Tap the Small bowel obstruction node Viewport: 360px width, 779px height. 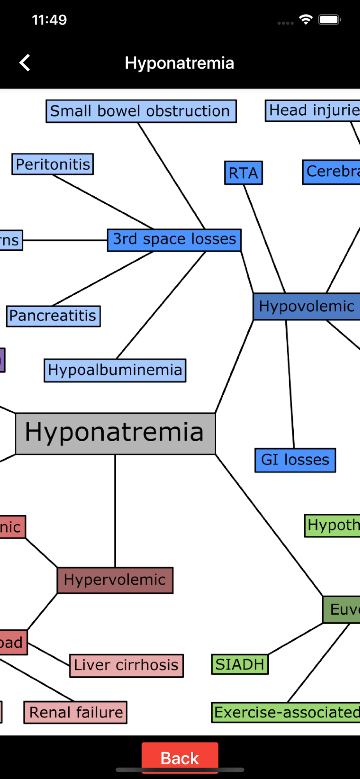[141, 111]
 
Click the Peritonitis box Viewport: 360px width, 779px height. [53, 164]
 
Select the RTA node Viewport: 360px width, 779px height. [244, 173]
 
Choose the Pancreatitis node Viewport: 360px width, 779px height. [53, 316]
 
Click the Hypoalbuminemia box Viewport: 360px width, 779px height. [115, 370]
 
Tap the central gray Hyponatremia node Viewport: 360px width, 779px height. [115, 434]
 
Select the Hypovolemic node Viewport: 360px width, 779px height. [307, 307]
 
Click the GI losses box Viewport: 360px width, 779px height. [295, 460]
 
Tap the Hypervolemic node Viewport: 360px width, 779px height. [115, 580]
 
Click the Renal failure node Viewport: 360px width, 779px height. [76, 712]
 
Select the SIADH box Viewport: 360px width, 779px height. [240, 664]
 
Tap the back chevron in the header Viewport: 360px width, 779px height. [25, 63]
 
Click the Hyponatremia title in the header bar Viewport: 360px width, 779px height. [179, 63]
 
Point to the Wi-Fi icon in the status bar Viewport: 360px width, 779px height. [306, 19]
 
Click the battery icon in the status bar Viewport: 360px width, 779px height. [330, 19]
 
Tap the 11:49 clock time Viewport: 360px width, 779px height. [49, 20]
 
